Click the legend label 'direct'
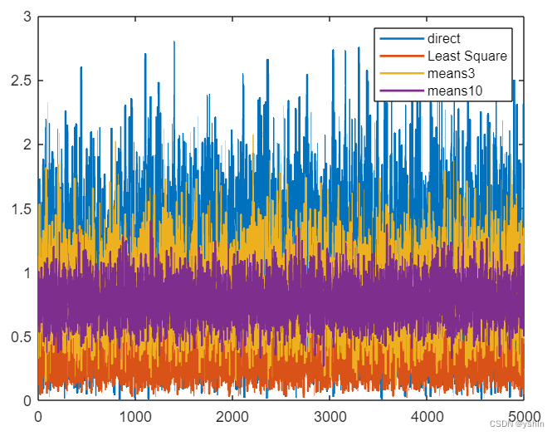coord(444,38)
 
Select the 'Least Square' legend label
coord(467,56)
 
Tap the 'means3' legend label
coord(449,73)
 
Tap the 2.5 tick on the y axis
coord(22,81)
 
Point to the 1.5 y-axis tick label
coord(22,208)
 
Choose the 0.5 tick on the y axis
coord(22,336)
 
